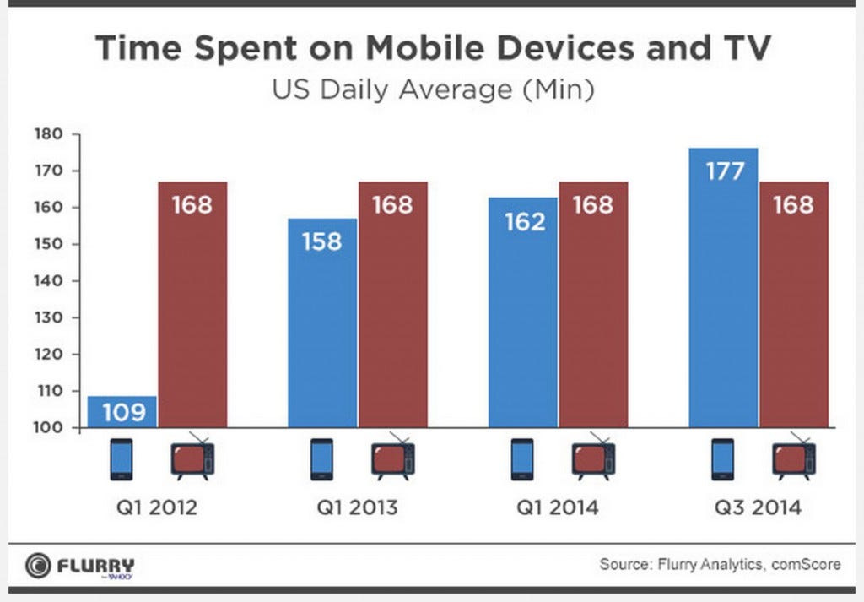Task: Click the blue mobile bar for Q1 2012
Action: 122,411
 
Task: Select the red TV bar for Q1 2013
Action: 392,304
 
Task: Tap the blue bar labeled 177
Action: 723,287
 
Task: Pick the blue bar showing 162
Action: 523,312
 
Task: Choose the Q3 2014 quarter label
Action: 757,508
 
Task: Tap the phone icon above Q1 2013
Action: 322,459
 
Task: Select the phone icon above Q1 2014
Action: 522,459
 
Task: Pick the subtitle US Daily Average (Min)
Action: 432,89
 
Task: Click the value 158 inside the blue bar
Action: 322,241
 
